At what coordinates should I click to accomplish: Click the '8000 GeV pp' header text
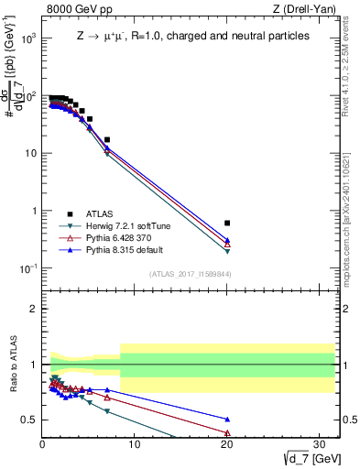79,10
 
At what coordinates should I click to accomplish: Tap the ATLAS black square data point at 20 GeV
227,223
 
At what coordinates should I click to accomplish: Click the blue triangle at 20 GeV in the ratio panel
227,419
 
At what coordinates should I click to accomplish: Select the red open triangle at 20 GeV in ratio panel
227,433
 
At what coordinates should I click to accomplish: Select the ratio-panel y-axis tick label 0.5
28,420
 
